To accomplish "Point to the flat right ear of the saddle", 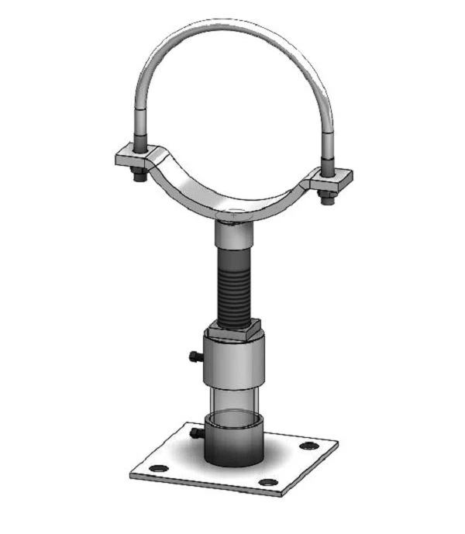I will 333,179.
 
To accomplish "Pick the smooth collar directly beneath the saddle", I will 232,233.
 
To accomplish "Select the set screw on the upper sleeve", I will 195,357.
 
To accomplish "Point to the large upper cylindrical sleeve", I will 233,360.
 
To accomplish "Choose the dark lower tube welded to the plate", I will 233,442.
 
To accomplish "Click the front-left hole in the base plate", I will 157,468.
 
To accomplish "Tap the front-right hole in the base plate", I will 268,483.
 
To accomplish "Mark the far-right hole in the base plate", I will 309,446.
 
